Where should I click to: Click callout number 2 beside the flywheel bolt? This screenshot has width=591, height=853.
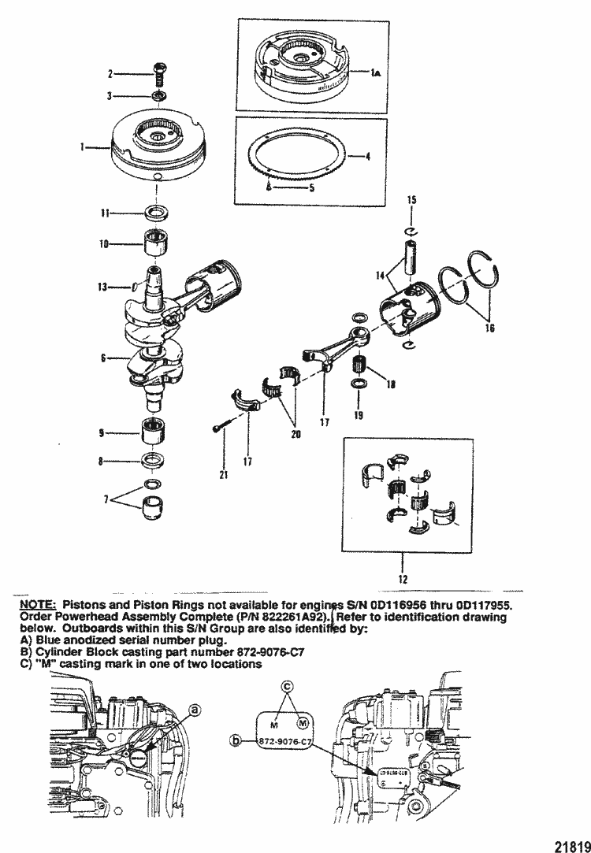coord(111,74)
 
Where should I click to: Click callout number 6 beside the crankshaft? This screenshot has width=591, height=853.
coord(104,357)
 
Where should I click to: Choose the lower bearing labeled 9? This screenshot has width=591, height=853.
coord(154,433)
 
